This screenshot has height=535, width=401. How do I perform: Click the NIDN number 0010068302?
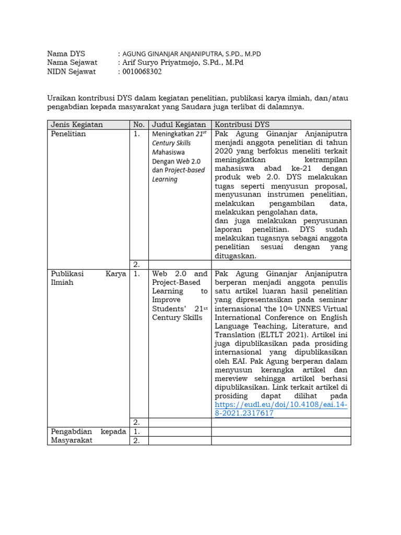141,72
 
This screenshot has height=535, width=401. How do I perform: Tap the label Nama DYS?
66,53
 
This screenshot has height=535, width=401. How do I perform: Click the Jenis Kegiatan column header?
77,124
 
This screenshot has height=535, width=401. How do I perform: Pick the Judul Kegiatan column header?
179,124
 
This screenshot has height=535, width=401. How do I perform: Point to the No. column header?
138,124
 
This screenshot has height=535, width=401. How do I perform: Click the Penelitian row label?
68,134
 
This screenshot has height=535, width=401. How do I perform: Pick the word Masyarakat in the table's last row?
72,440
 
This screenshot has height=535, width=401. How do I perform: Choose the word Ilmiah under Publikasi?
62,282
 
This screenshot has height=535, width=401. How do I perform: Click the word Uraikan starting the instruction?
62,98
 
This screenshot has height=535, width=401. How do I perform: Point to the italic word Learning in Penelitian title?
164,179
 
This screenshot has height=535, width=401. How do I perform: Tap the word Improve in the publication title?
166,300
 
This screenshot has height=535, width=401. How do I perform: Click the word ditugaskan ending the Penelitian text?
235,256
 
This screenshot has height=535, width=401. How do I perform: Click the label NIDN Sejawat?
72,72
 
